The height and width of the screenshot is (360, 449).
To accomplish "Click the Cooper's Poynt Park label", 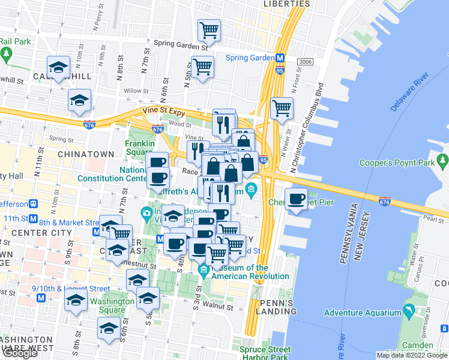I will [x=396, y=163].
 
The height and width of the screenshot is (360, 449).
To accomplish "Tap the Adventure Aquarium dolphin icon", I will [x=409, y=311].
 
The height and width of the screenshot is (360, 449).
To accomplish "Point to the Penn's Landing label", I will [x=276, y=307].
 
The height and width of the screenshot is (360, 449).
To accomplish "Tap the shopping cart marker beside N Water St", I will [x=282, y=109].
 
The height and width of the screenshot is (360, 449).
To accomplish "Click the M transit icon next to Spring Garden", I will [x=280, y=58].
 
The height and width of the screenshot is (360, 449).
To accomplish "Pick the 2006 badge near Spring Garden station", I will [x=305, y=62].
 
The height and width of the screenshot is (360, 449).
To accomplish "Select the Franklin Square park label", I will [x=140, y=148].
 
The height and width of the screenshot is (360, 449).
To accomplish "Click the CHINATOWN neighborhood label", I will [x=86, y=154].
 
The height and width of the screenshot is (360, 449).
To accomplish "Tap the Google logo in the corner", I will [x=19, y=353].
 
